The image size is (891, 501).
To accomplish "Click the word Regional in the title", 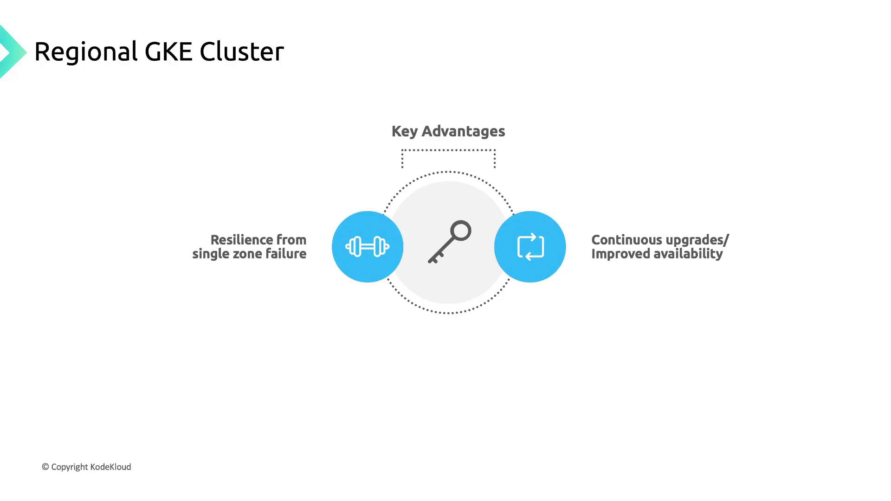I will (86, 52).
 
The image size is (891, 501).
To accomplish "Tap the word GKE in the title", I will (168, 51).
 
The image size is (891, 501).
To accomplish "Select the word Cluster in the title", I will (241, 51).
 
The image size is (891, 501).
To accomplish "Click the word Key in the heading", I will (405, 132).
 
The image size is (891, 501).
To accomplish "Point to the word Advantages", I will (463, 131).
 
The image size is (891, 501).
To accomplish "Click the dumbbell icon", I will (367, 246).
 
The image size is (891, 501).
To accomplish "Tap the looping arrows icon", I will (530, 246).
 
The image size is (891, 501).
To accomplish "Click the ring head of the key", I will (461, 231).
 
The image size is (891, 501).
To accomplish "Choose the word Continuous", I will (626, 240).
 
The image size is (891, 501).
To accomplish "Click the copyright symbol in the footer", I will (45, 467).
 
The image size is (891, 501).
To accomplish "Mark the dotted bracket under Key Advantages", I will (448, 151).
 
